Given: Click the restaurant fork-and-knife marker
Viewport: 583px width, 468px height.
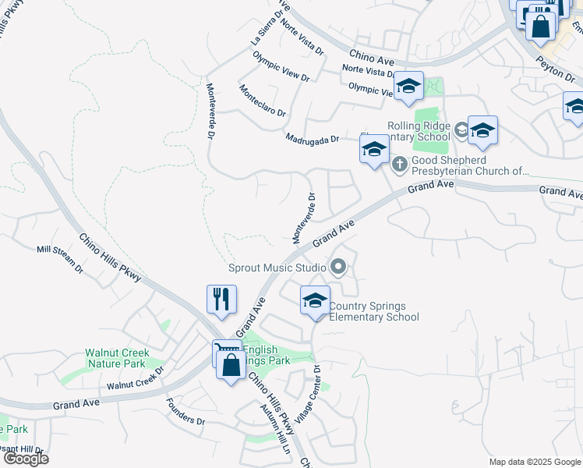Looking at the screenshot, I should point(221,300).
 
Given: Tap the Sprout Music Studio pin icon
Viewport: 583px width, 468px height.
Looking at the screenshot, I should point(337,268).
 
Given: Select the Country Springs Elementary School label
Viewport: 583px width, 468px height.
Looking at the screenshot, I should point(374,311).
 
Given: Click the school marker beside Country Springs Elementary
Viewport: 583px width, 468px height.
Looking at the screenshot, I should point(315,300).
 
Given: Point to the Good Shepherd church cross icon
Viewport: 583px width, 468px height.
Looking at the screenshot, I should point(400,164).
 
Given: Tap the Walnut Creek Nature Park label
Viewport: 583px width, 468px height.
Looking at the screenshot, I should point(117,358).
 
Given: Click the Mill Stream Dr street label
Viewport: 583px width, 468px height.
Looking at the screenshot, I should point(60,259).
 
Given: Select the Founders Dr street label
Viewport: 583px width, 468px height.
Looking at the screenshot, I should point(185,413).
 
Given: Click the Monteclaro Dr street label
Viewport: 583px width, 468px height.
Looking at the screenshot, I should point(263,101).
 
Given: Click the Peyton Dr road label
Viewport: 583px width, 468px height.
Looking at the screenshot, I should point(556,69).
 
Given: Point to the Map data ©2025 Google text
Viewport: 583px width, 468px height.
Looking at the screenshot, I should point(534,462).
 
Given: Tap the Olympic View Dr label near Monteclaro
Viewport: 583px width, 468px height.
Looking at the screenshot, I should point(281,67).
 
